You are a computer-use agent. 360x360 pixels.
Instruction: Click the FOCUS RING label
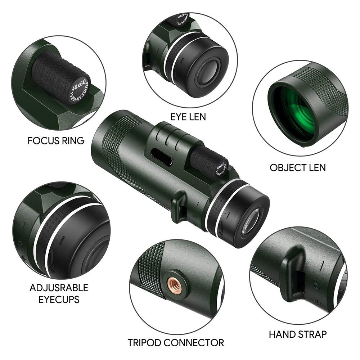pos(56,140)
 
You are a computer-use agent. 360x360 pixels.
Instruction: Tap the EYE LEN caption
pos(189,117)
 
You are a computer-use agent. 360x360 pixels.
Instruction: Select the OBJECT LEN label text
pos(298,167)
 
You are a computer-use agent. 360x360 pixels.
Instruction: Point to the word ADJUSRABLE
pos(59,288)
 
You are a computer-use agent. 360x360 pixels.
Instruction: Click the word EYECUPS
pos(59,300)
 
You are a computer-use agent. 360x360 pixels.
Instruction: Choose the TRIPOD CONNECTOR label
pos(176,342)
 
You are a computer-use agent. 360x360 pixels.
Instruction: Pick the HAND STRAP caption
pos(298,334)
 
